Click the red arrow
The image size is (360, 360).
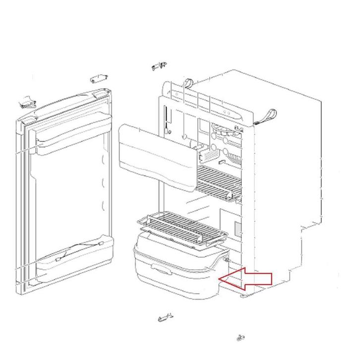pyautogui.click(x=250, y=278)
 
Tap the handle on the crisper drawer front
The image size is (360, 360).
pyautogui.click(x=160, y=269)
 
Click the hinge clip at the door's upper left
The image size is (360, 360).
pyautogui.click(x=25, y=103)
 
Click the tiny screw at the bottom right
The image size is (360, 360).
pyautogui.click(x=241, y=338)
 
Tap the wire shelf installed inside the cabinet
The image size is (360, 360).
pyautogui.click(x=219, y=178)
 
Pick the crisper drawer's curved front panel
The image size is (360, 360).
pyautogui.click(x=174, y=283)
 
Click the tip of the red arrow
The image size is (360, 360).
pyautogui.click(x=221, y=279)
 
